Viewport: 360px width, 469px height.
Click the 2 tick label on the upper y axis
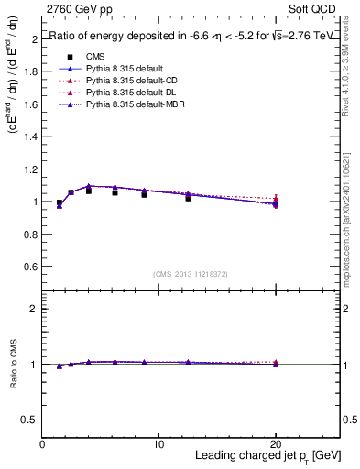tap(35, 39)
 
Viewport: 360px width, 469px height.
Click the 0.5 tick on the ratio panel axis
tap(31, 420)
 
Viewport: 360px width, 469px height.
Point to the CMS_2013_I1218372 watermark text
tap(191, 274)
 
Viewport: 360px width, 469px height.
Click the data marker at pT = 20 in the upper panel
tap(276, 202)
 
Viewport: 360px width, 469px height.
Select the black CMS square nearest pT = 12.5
tap(188, 197)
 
